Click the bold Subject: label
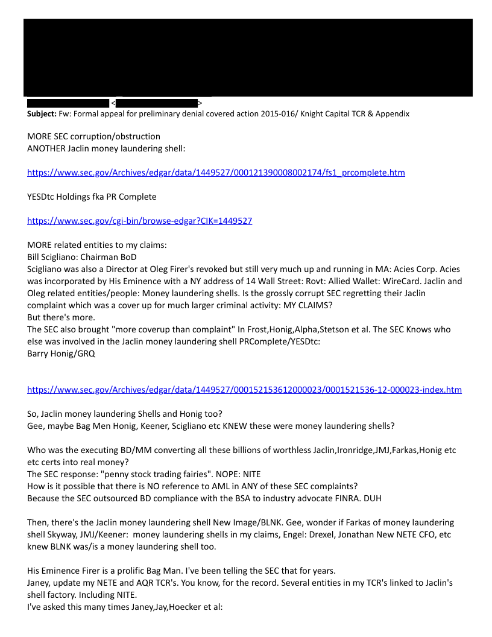tap(42, 113)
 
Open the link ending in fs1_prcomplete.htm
tap(216, 173)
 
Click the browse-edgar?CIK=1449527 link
tap(139, 221)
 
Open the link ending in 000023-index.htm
tap(244, 390)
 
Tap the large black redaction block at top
tap(248, 57)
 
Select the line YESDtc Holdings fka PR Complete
tap(92, 197)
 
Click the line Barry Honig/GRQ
tap(61, 353)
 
